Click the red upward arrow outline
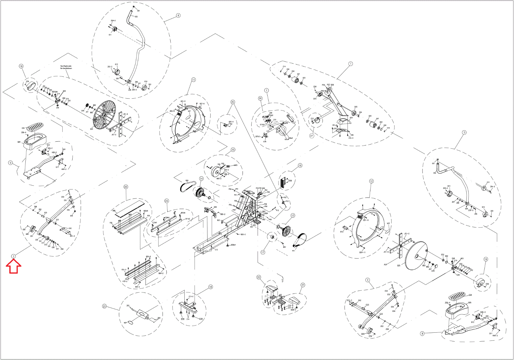pos(13,266)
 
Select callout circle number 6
pos(178,15)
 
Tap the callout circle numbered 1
pos(350,64)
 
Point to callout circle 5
pos(464,132)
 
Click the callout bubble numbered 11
pos(193,80)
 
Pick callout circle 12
pos(371,181)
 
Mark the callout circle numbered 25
pos(233,102)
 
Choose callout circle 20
pos(126,187)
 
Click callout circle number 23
pos(104,306)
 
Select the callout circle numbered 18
pos(210,287)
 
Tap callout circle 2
pos(368,280)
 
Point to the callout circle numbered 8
pos(422,333)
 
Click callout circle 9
pos(10,163)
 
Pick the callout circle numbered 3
pos(13,256)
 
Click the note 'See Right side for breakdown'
pos(66,67)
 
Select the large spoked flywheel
pos(104,116)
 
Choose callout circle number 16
pos(300,165)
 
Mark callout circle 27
pos(311,136)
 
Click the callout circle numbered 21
pos(303,285)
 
